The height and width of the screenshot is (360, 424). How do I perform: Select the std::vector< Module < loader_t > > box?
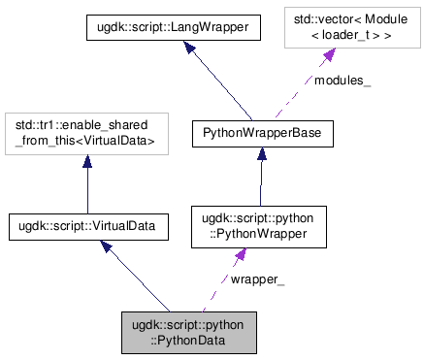[352, 30]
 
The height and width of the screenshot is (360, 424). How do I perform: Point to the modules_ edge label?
[341, 81]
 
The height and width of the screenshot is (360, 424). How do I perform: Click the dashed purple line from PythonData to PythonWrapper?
[218, 286]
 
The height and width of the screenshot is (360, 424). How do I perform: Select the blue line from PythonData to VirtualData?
[141, 279]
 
